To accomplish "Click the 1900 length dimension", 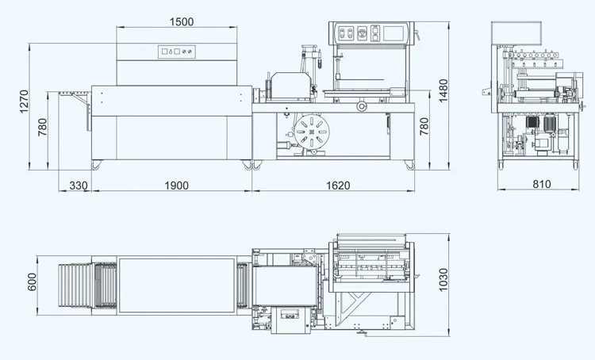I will click(175, 186).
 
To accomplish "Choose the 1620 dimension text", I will click(337, 186).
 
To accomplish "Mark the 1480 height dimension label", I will click(445, 86).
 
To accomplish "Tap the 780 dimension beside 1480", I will click(424, 126).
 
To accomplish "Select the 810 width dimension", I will click(541, 185).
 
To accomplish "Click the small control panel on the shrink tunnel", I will click(176, 52).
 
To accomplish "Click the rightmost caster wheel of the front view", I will click(410, 166).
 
